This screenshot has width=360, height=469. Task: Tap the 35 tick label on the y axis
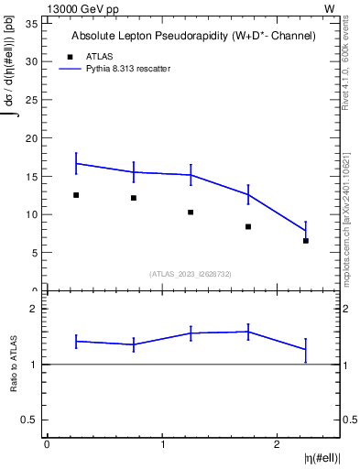pyautogui.click(x=32, y=23)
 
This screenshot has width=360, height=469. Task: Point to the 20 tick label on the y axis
pyautogui.click(x=32, y=138)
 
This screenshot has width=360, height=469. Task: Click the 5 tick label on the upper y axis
pyautogui.click(x=35, y=253)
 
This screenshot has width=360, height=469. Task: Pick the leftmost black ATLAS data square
pyautogui.click(x=76, y=195)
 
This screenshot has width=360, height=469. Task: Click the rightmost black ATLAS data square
pyautogui.click(x=306, y=241)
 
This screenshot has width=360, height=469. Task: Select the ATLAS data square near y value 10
pyautogui.click(x=191, y=213)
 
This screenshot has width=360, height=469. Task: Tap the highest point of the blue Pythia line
pyautogui.click(x=76, y=163)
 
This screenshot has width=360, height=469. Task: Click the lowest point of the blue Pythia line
pyautogui.click(x=306, y=231)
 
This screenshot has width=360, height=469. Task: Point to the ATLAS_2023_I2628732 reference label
pyautogui.click(x=191, y=273)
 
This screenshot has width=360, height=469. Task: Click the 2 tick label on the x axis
pyautogui.click(x=277, y=444)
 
